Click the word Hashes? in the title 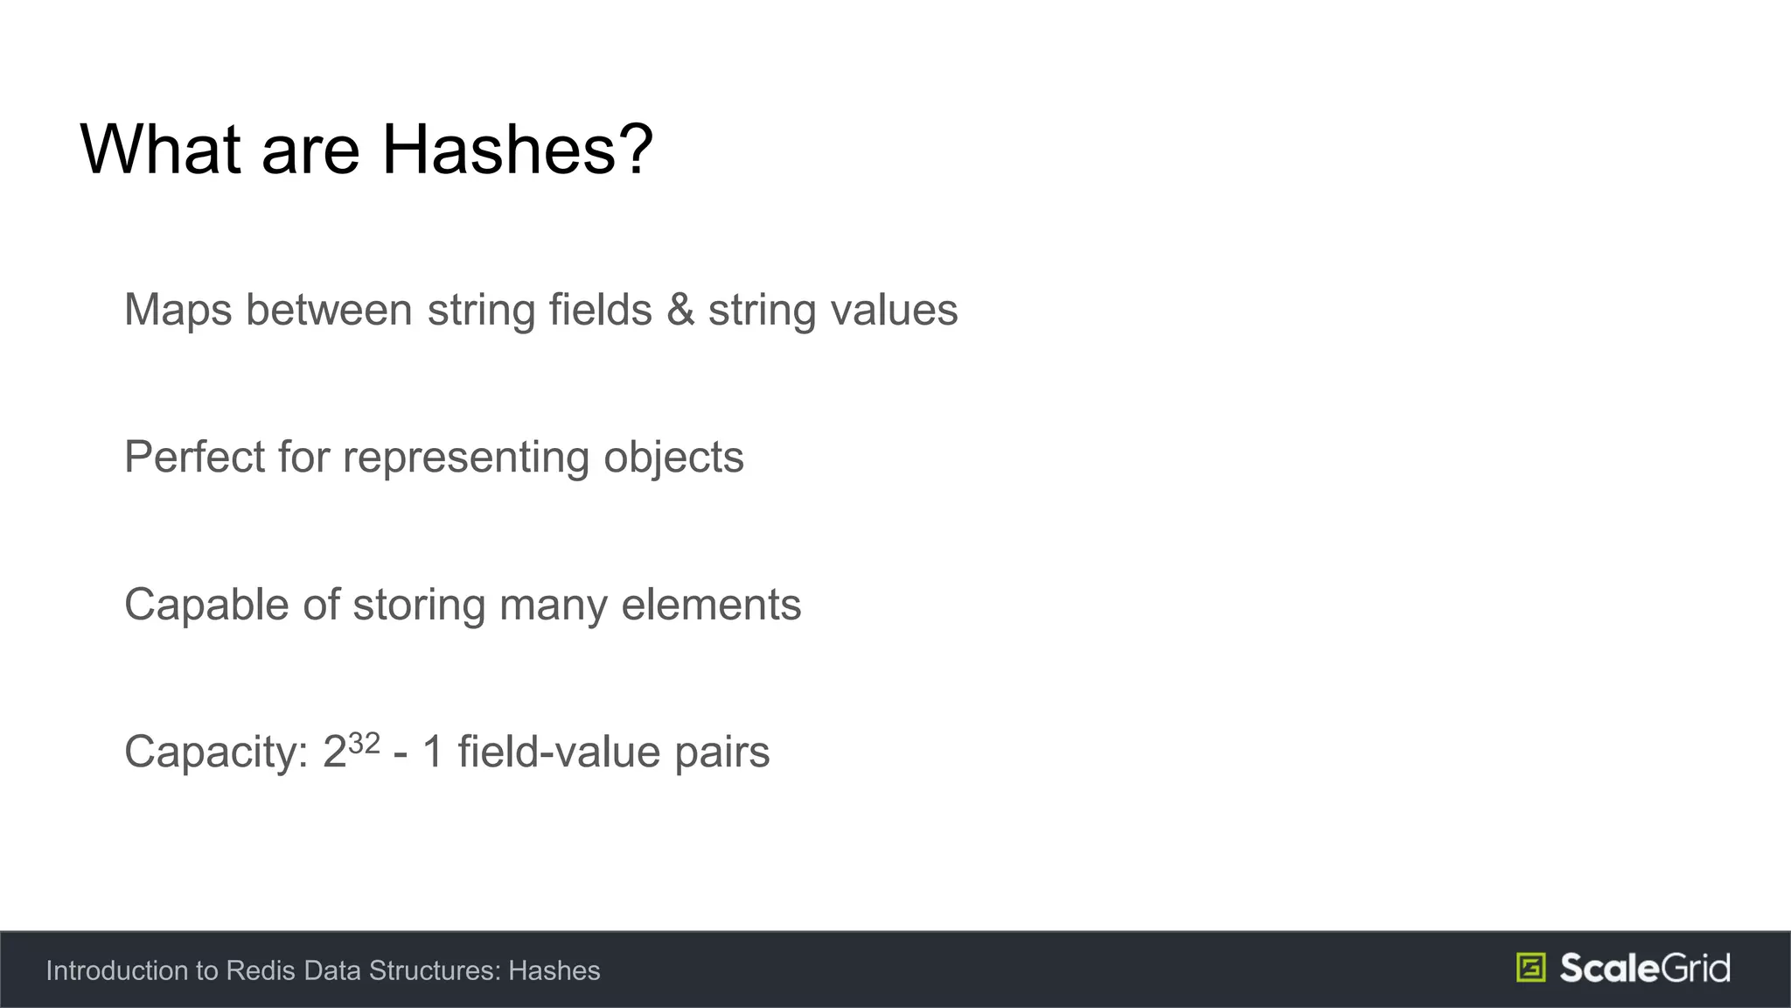click(517, 150)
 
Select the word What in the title click(160, 150)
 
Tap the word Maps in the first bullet click(178, 311)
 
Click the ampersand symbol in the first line click(680, 310)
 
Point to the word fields click(600, 310)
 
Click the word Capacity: click(216, 752)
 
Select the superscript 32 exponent click(364, 743)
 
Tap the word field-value click(559, 752)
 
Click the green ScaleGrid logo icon click(1530, 968)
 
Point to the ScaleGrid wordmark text click(1644, 968)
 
